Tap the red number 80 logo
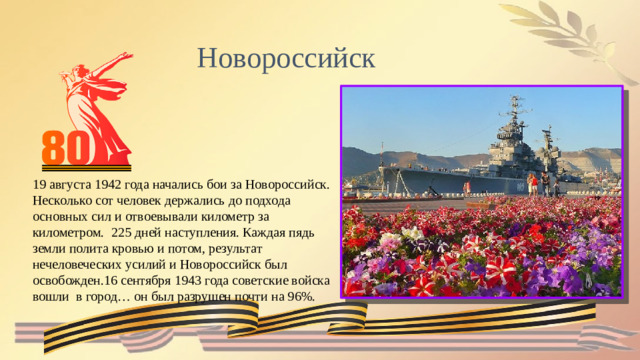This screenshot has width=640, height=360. pyautogui.click(x=67, y=151)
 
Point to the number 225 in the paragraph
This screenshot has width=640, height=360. pyautogui.click(x=128, y=233)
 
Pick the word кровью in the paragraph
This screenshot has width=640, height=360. pyautogui.click(x=146, y=249)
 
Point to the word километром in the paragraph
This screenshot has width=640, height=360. pyautogui.click(x=63, y=233)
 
